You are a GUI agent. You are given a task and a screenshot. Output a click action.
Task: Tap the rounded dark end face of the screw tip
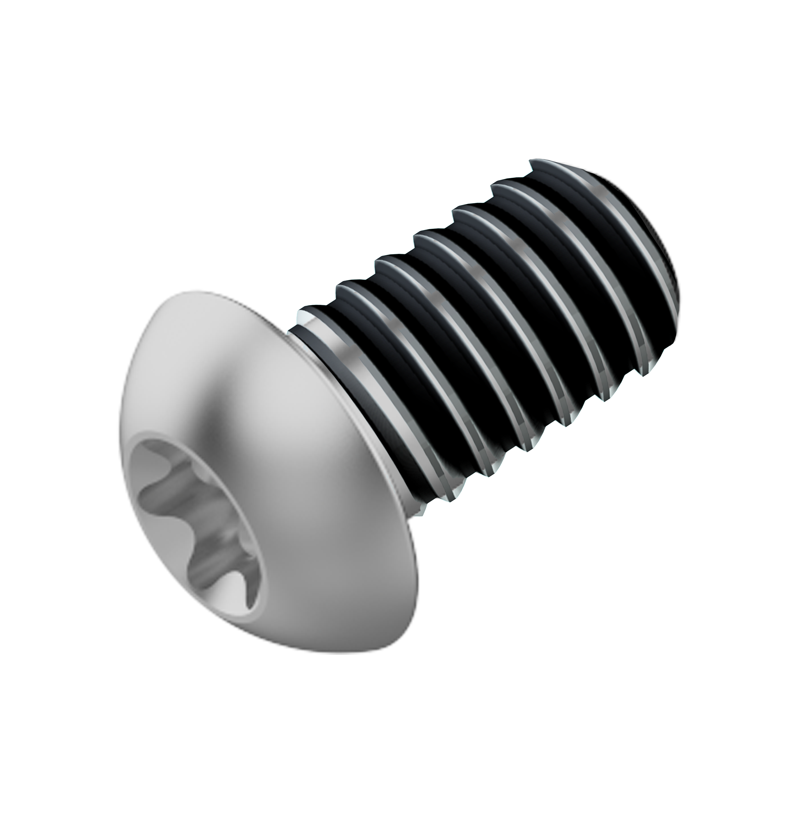click(x=655, y=260)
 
